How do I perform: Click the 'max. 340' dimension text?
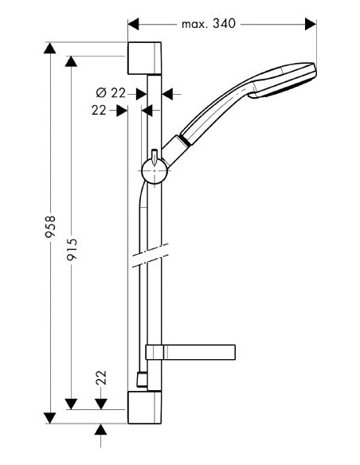209,24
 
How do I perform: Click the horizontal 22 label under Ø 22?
99,111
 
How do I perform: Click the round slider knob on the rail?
152,169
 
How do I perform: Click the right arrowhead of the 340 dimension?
311,24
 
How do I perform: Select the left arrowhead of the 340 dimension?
134,24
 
